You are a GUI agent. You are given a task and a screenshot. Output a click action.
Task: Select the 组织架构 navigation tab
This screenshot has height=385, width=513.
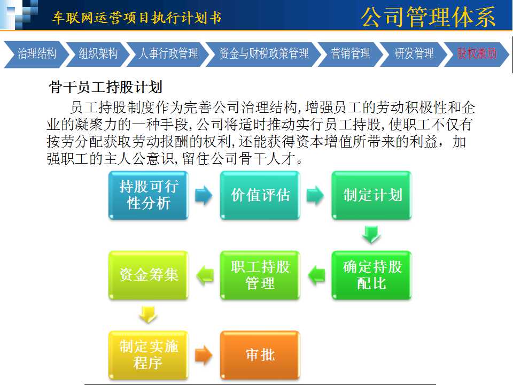click(97, 54)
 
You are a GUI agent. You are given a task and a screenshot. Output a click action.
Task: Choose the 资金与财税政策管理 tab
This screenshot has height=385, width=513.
click(263, 54)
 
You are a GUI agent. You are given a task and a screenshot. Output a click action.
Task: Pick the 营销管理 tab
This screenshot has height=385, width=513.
click(351, 54)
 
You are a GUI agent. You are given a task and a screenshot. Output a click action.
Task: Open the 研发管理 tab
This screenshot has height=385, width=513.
click(414, 54)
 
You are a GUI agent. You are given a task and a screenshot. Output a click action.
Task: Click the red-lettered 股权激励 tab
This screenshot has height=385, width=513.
click(476, 54)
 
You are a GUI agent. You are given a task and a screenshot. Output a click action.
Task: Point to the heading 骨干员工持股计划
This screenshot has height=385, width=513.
click(105, 87)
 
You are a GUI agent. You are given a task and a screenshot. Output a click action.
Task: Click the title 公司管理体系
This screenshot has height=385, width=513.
click(428, 17)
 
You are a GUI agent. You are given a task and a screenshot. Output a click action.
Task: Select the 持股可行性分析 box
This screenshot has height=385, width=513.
click(149, 195)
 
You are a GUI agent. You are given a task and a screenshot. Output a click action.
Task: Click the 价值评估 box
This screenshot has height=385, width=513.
click(260, 195)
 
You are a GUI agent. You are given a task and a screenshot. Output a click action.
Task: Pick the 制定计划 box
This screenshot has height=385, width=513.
click(372, 195)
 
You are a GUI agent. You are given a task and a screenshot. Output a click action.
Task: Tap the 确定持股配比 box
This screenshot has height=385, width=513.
click(372, 275)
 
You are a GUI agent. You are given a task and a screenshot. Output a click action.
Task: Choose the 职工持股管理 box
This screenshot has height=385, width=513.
click(260, 275)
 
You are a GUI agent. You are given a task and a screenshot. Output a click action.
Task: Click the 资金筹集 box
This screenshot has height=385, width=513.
click(149, 275)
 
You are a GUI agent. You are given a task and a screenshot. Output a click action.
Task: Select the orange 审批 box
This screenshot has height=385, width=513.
click(260, 355)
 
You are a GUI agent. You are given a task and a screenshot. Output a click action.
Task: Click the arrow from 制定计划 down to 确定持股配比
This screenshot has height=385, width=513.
click(371, 234)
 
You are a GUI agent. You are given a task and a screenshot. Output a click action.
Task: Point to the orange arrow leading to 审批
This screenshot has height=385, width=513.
click(204, 355)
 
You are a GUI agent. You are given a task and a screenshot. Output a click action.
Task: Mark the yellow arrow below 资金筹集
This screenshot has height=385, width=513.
click(148, 314)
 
